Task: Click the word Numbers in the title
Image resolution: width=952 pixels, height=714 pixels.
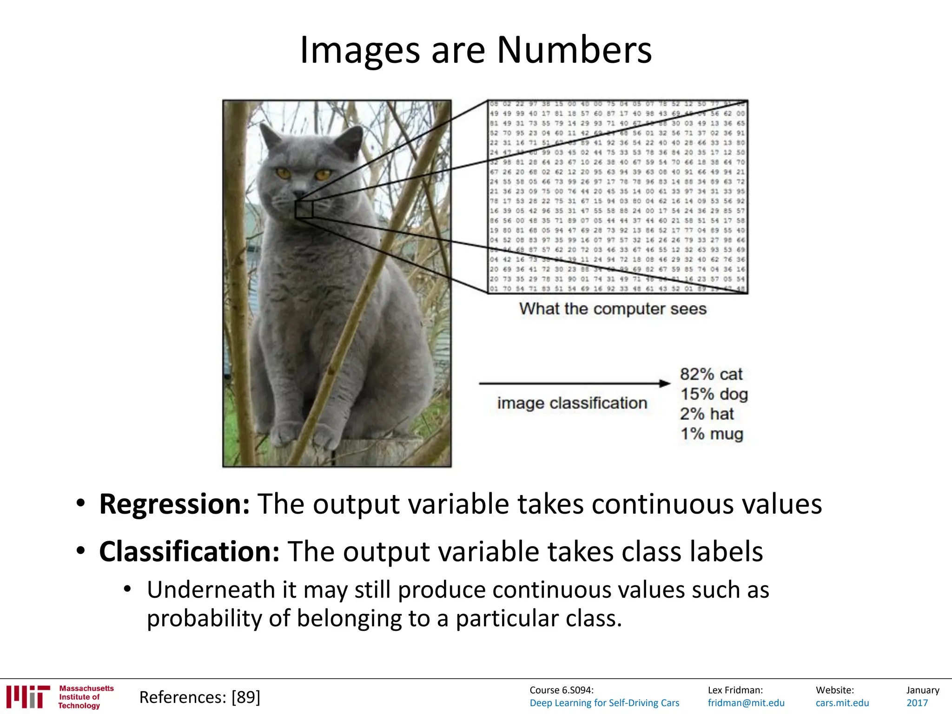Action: point(574,50)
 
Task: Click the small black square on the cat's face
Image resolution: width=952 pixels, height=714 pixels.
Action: point(304,209)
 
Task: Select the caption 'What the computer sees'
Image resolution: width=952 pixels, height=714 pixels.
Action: point(613,309)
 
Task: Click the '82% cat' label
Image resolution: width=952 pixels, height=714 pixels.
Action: point(711,374)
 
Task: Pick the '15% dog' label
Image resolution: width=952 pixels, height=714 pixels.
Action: point(714,394)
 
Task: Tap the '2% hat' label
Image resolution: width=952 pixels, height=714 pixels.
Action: point(707,414)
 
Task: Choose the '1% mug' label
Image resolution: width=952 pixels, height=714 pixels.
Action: point(712,434)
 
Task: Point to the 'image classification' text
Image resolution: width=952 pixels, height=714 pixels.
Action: point(572,403)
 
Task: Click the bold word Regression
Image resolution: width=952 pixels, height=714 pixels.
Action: point(174,504)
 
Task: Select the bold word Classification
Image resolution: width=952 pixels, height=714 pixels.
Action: point(189,552)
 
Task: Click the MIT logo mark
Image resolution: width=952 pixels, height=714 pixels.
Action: point(28,696)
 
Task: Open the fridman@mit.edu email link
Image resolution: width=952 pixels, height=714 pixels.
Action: point(746,703)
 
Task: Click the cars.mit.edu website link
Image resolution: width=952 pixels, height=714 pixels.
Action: point(842,703)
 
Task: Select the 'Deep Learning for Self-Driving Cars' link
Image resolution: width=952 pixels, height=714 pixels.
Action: point(604,703)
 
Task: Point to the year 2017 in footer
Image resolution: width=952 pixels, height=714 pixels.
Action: point(917,703)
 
